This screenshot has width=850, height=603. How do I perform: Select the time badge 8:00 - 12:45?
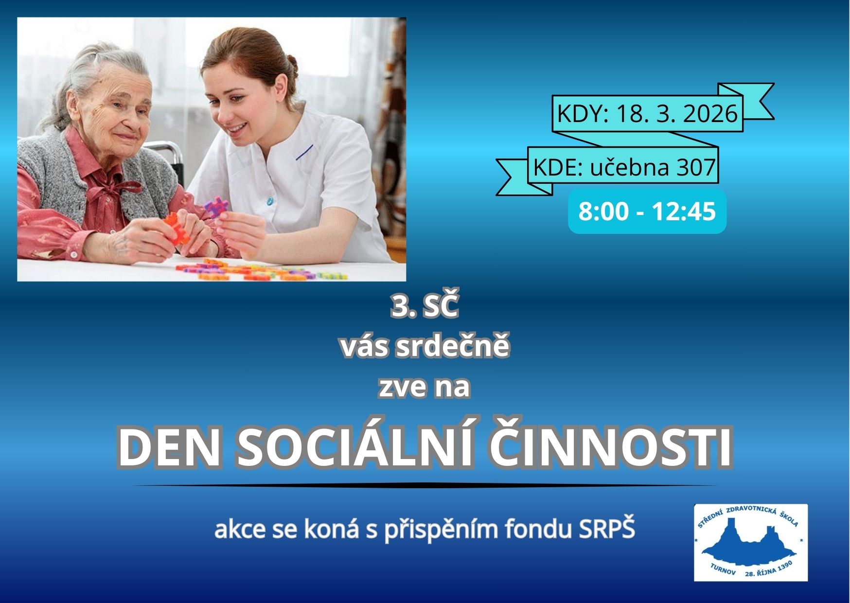pos(647,212)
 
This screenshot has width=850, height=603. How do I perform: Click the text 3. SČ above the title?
pos(425,307)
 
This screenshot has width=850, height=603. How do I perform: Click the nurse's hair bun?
pos(291,65)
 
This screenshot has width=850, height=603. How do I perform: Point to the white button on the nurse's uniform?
pos(270,199)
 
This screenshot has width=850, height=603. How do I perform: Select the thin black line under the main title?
pos(425,485)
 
